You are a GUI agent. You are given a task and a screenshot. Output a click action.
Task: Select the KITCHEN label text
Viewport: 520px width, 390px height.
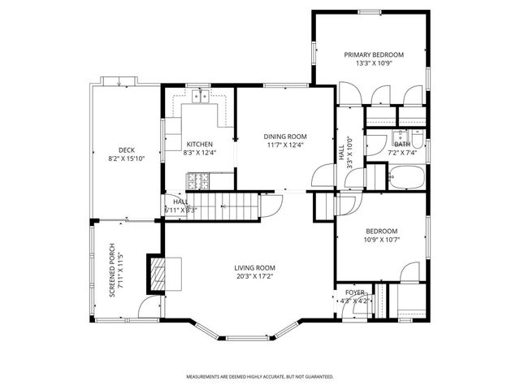(199, 144)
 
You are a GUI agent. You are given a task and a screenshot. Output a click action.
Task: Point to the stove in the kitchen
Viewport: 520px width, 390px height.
(197, 178)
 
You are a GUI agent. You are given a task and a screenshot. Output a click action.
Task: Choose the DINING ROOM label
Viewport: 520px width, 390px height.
(284, 136)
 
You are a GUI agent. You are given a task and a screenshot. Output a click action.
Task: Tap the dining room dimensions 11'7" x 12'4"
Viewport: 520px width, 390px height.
(284, 145)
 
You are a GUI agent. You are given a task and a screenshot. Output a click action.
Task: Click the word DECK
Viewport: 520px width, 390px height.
(126, 149)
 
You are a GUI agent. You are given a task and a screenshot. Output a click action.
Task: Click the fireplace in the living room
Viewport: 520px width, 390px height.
(155, 274)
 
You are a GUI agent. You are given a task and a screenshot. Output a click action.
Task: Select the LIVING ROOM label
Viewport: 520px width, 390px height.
(255, 267)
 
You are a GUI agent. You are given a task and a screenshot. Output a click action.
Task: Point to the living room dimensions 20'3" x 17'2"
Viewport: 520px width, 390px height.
(255, 276)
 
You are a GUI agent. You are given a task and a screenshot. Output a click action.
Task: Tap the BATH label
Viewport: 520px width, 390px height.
(402, 144)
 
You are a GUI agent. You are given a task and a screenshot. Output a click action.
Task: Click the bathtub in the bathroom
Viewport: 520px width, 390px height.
(404, 177)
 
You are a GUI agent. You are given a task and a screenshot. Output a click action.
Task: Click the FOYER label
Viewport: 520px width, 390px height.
(355, 292)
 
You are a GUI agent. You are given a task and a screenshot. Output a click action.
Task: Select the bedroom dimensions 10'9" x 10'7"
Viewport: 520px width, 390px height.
(380, 239)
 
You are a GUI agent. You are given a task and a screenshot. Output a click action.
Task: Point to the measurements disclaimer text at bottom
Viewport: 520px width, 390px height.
(259, 376)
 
